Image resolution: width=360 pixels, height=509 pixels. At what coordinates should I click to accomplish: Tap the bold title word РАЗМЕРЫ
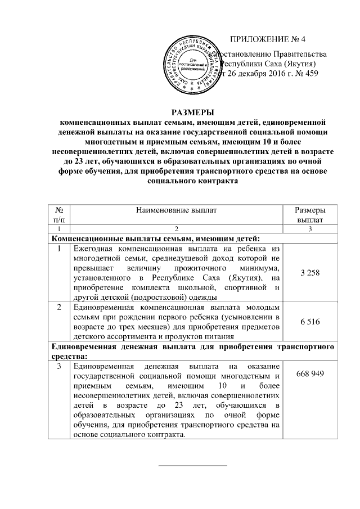(x=192, y=111)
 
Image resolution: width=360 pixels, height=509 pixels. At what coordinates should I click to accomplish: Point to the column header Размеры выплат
(x=310, y=214)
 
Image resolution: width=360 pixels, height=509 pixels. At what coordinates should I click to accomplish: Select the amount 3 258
(x=310, y=273)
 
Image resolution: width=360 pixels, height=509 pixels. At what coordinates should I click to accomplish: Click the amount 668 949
(x=310, y=374)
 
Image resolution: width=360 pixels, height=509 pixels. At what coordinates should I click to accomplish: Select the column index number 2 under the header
(x=175, y=229)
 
